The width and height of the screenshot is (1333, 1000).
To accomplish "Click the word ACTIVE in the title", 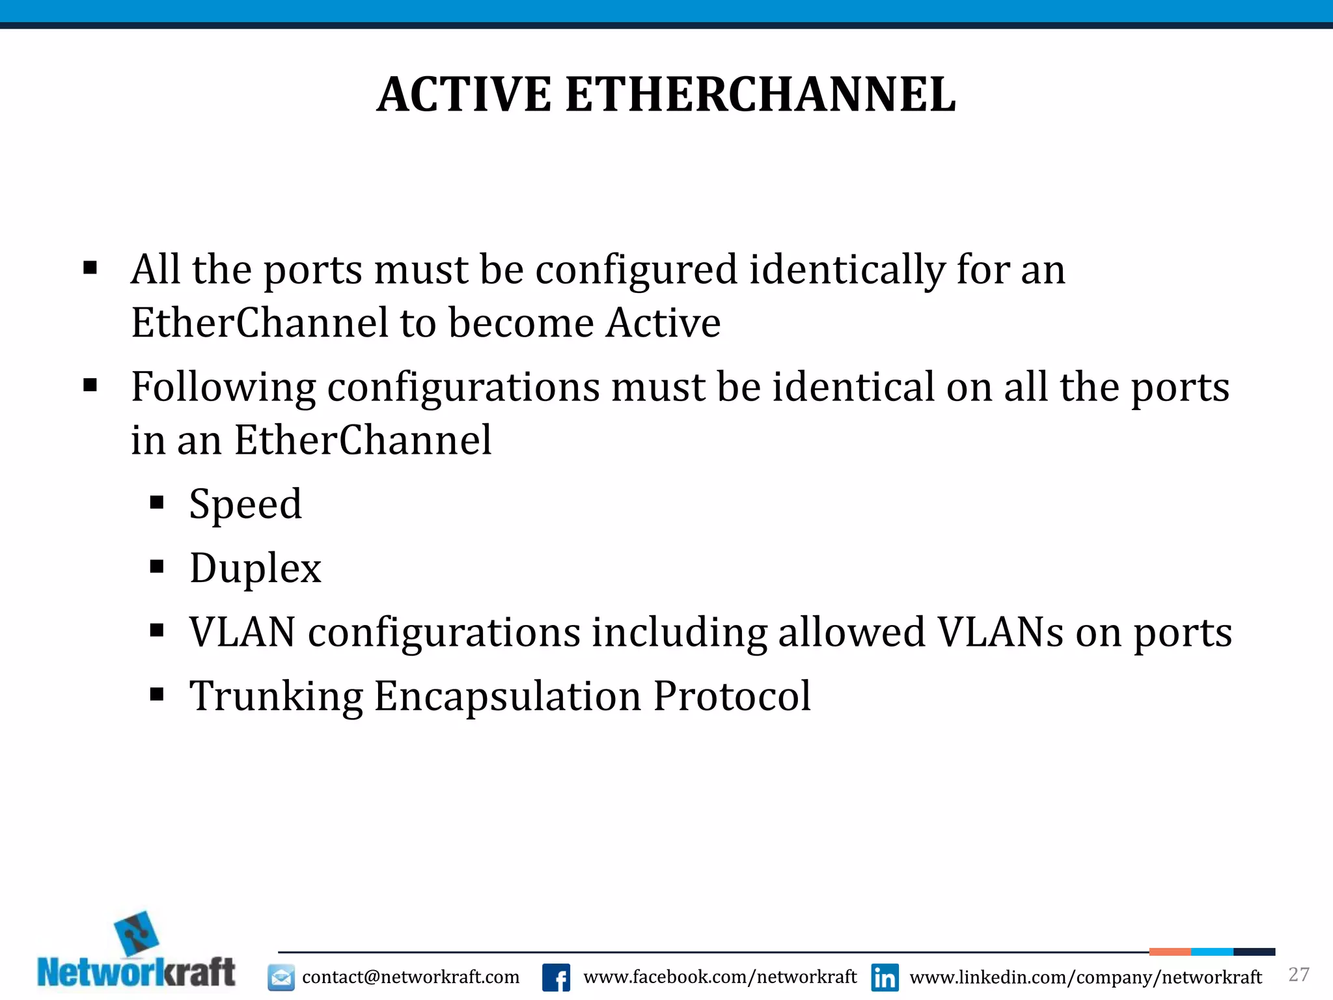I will [463, 95].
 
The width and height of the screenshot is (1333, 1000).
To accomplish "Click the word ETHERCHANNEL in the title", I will [760, 95].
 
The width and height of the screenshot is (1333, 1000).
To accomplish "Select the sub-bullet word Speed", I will [245, 505].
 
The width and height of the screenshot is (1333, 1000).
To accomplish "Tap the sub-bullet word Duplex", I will [255, 568].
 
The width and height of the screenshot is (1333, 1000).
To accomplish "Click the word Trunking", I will [276, 697].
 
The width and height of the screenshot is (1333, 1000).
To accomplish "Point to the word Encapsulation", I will [508, 697].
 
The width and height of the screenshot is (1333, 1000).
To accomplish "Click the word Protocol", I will [732, 697].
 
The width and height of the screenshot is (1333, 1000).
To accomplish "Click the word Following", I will [223, 387].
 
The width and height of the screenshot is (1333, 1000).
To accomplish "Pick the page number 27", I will [1299, 975].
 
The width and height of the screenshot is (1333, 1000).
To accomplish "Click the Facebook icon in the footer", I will [556, 977].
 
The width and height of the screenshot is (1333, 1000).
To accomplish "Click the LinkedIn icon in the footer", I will [885, 977].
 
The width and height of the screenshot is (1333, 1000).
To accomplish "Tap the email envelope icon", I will [281, 977].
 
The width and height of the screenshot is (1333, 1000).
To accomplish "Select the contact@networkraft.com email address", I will [411, 977].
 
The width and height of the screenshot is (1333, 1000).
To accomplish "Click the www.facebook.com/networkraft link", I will [720, 977].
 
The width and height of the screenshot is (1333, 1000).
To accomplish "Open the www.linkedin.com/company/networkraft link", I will [1086, 977].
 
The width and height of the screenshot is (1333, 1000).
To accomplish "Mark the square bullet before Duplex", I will [156, 567].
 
